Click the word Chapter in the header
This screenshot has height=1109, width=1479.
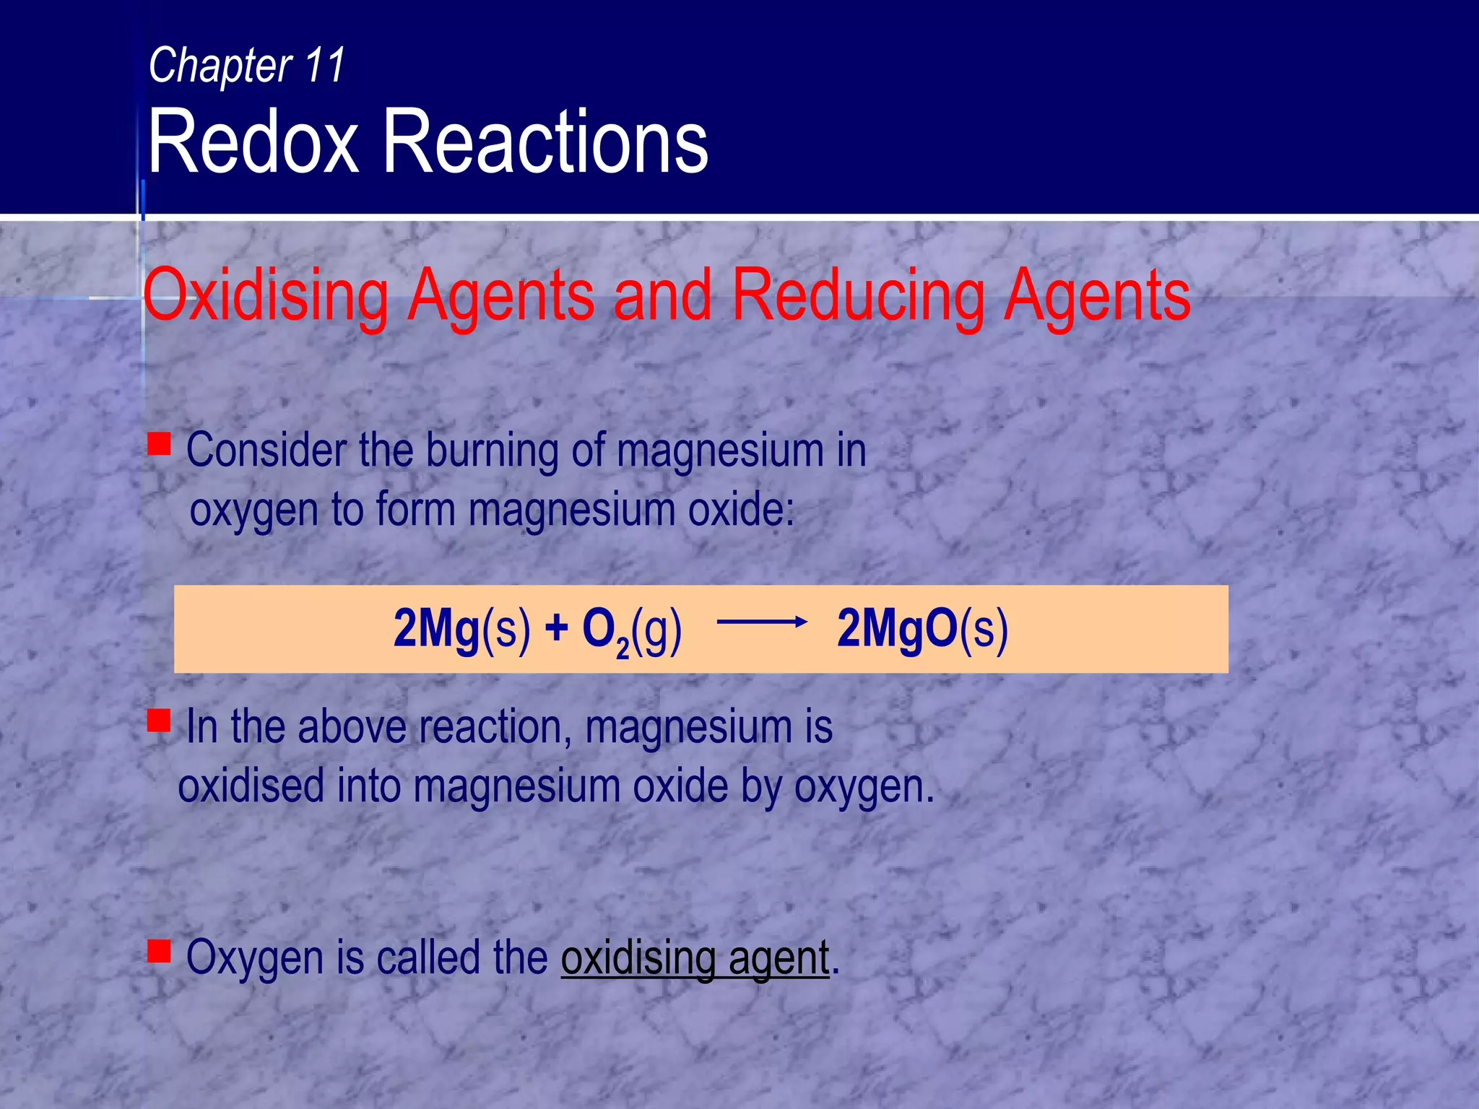coord(220,66)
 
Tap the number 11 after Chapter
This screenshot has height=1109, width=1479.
coord(325,64)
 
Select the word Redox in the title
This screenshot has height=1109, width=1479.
coord(253,142)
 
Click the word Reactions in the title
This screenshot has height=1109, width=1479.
coord(545,142)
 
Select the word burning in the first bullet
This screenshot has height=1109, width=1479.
coord(491,451)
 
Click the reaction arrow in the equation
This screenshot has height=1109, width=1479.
coord(761,622)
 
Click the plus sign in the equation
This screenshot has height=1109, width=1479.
coord(556,627)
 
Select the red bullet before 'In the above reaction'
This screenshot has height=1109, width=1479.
coord(159,720)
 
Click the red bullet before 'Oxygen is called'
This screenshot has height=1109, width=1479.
coord(159,951)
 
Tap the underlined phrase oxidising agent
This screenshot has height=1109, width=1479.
coord(695,959)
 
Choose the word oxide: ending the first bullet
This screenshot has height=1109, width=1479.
coord(741,510)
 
